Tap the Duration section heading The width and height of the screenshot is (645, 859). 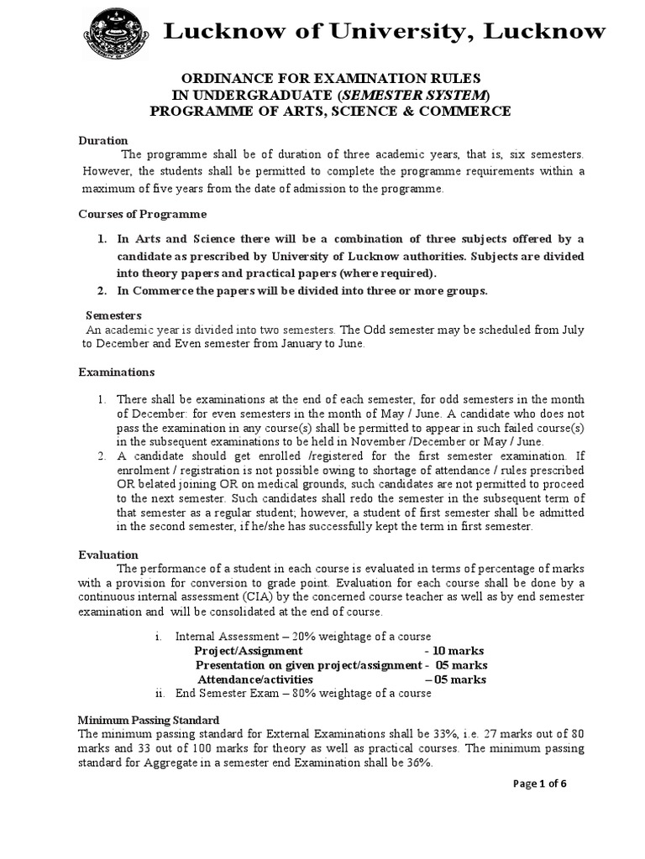click(x=102, y=140)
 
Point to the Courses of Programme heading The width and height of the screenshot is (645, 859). click(x=142, y=215)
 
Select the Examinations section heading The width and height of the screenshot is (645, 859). click(x=117, y=372)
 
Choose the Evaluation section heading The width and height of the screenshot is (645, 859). click(x=107, y=554)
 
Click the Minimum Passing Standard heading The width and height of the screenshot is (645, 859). click(x=149, y=721)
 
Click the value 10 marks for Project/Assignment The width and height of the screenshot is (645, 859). click(x=454, y=651)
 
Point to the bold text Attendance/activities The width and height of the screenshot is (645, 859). click(x=255, y=679)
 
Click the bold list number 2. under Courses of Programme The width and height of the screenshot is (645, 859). click(x=101, y=291)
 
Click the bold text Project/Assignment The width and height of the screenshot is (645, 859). click(x=249, y=651)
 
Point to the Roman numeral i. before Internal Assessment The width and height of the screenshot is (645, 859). click(x=160, y=637)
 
